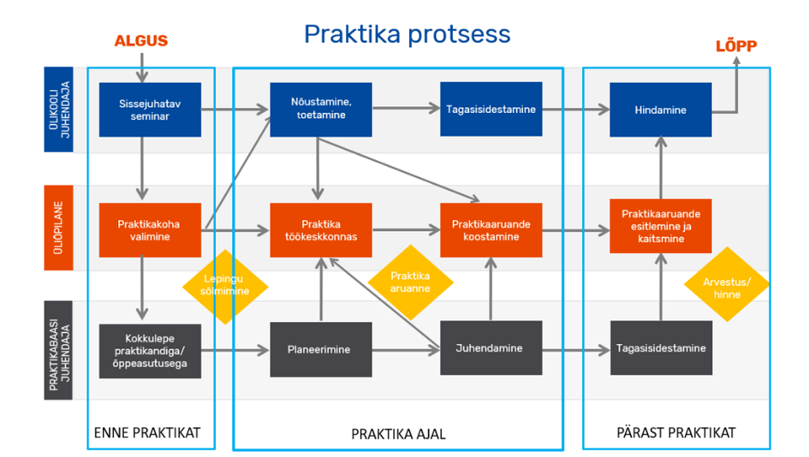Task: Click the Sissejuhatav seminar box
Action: (150, 110)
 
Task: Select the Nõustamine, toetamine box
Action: (321, 110)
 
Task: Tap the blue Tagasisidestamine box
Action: (491, 109)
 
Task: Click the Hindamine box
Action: (660, 110)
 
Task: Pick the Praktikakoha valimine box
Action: (150, 230)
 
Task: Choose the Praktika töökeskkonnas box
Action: (321, 230)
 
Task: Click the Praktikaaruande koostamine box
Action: (491, 230)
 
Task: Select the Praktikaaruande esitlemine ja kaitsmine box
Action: (660, 226)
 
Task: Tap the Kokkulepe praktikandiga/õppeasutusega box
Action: (150, 351)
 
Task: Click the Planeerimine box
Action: (321, 350)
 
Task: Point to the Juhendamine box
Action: (491, 348)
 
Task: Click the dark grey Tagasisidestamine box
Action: (661, 348)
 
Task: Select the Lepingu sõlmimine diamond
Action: (225, 287)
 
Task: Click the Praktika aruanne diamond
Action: (411, 282)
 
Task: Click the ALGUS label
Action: (141, 41)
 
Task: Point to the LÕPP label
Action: (736, 45)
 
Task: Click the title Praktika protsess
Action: (407, 34)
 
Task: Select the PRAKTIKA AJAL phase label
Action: (398, 434)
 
